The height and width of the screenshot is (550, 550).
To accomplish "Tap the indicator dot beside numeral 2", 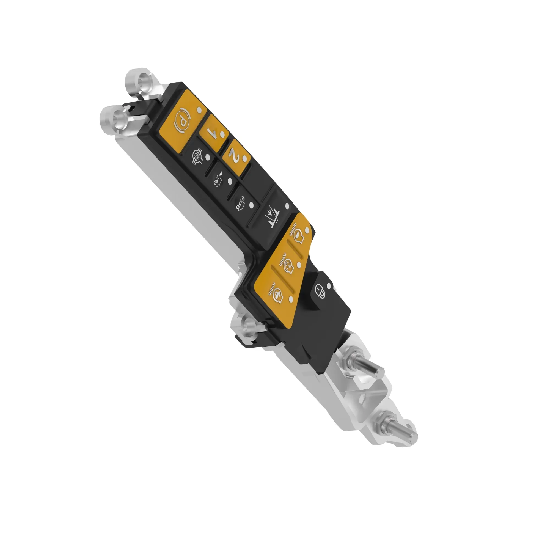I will (x=244, y=158).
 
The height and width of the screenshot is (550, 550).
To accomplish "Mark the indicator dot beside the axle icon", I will (x=208, y=157).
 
